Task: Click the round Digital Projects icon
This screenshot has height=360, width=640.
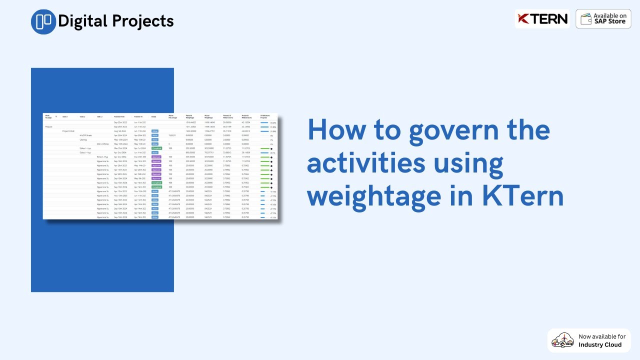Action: click(x=43, y=21)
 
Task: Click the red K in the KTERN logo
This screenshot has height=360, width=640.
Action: click(x=523, y=19)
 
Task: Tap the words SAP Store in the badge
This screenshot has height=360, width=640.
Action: click(x=610, y=21)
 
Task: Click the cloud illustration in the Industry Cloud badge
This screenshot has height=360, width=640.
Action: click(x=562, y=340)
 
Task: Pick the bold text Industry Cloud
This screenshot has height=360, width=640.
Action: click(x=600, y=344)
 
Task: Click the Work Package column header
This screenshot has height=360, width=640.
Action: click(x=48, y=116)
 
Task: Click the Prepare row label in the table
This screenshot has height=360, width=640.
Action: click(x=49, y=127)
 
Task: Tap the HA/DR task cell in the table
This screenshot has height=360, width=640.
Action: click(x=85, y=135)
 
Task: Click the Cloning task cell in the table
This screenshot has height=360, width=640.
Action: click(x=83, y=140)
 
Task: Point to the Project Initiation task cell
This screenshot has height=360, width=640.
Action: click(x=68, y=131)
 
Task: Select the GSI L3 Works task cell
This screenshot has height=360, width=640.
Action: click(x=102, y=144)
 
